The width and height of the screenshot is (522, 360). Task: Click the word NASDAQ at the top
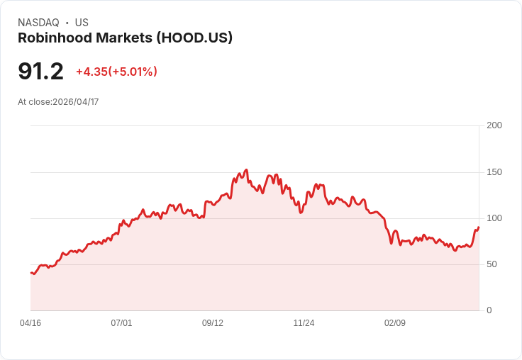point(38,23)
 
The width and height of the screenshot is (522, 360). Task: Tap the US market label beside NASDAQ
point(82,23)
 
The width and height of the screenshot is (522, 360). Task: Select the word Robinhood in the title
point(53,38)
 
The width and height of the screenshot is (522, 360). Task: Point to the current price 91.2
point(40,71)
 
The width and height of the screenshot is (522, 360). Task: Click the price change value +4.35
point(91,72)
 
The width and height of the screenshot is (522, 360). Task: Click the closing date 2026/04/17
point(76,102)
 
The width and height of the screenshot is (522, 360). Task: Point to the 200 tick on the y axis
point(494,125)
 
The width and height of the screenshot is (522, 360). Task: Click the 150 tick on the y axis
point(494,172)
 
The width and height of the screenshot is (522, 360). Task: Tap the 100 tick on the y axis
point(494,218)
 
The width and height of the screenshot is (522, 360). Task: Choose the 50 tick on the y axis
point(492,264)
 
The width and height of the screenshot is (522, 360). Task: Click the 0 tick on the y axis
point(489,310)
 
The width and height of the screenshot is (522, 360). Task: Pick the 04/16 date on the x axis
point(30,323)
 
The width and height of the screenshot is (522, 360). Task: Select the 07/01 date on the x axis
point(121,323)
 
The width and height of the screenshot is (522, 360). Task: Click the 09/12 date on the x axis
point(213,323)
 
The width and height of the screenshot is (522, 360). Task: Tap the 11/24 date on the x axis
point(304,323)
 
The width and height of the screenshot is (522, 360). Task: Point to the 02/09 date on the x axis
point(395,323)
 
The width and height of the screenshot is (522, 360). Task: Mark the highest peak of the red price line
point(246,170)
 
